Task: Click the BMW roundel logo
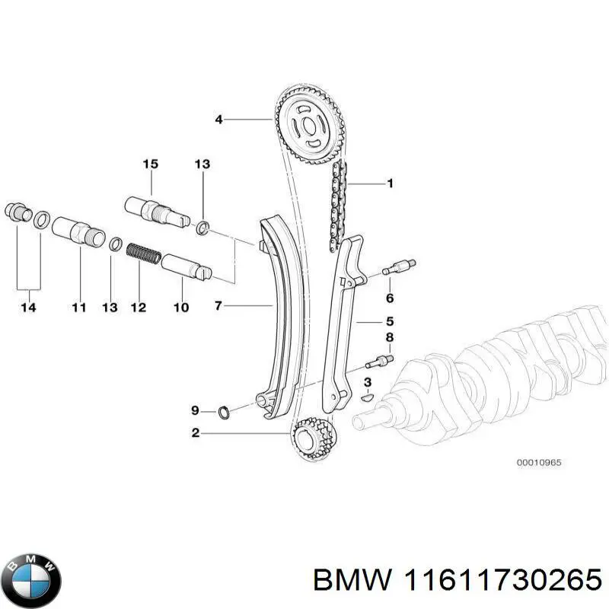pyautogui.click(x=31, y=577)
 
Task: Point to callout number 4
pyautogui.click(x=218, y=120)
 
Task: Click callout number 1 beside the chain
pyautogui.click(x=390, y=183)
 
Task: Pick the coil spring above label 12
pyautogui.click(x=143, y=253)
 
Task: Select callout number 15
pyautogui.click(x=150, y=164)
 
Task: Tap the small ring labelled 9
pyautogui.click(x=225, y=413)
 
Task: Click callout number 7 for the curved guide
pyautogui.click(x=218, y=306)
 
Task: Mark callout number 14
pyautogui.click(x=29, y=308)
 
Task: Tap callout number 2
pyautogui.click(x=196, y=433)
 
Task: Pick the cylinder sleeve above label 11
pyautogui.click(x=78, y=229)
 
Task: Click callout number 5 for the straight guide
pyautogui.click(x=388, y=321)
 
